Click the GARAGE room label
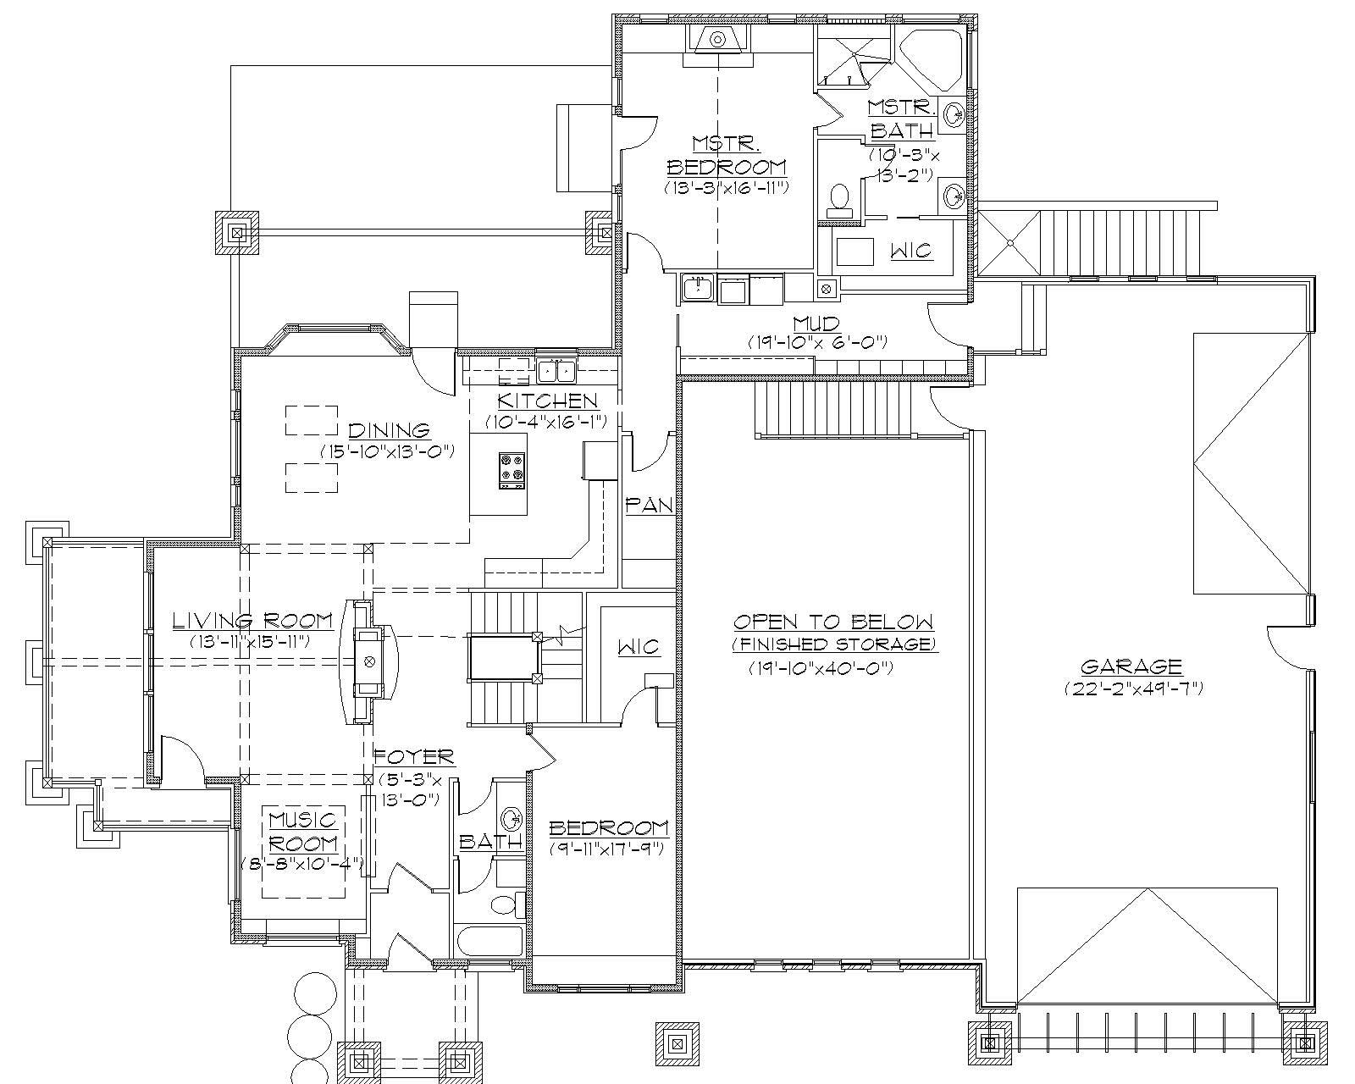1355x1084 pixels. pos(1131,666)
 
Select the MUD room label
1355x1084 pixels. pos(816,324)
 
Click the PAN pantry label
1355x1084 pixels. pos(649,506)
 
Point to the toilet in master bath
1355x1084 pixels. pos(839,197)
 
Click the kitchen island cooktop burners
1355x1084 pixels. pos(512,471)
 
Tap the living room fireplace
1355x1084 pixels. pos(368,661)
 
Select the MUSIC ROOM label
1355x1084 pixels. pos(303,832)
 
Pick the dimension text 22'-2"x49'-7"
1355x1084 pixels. pos(1133,689)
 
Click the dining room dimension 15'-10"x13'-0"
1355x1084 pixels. pos(388,451)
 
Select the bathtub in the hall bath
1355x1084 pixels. pos(489,940)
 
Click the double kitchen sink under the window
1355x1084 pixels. pos(556,371)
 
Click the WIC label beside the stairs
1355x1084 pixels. pos(639,647)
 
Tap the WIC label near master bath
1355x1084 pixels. pos(911,251)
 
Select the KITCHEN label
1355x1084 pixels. pos(547,401)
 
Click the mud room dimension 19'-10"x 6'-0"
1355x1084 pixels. pos(816,342)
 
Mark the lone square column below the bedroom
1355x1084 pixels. pos(677,1043)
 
